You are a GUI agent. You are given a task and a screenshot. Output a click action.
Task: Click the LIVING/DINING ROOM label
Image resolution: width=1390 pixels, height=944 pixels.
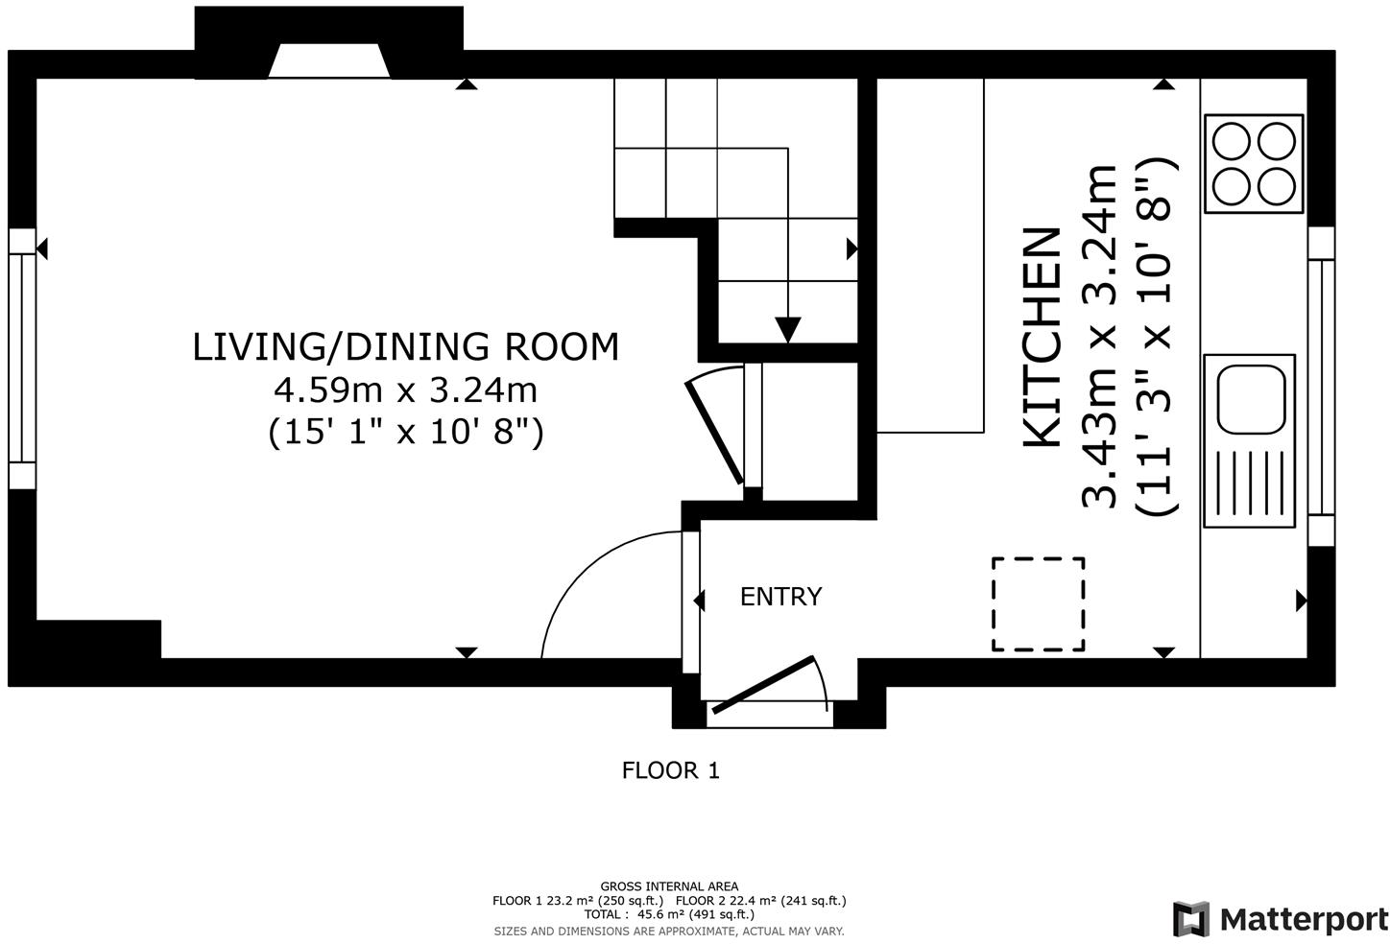tap(406, 346)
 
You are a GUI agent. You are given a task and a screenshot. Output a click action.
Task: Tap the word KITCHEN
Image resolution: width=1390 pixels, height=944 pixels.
tap(1042, 338)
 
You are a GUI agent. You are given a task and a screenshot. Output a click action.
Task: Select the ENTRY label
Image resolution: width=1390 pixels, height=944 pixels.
tap(780, 597)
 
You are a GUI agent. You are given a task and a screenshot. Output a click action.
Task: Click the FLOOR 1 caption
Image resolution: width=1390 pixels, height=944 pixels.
tap(671, 770)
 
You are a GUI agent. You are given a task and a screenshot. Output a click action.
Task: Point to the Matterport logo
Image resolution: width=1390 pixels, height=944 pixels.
tap(1281, 919)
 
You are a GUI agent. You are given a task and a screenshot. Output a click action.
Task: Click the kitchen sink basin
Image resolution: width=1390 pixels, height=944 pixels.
tap(1251, 399)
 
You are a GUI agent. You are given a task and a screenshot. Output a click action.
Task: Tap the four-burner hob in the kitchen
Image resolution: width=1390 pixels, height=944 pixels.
tap(1254, 164)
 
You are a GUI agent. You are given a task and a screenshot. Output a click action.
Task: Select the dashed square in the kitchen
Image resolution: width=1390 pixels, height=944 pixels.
tap(1038, 604)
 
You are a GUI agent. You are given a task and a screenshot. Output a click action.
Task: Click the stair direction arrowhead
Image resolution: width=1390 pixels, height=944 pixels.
tap(788, 329)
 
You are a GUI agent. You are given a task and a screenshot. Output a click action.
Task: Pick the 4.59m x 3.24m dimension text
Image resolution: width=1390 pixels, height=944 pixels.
tap(406, 390)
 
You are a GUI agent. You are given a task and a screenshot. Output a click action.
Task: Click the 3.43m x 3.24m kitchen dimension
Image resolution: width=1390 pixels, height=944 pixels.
tap(1099, 337)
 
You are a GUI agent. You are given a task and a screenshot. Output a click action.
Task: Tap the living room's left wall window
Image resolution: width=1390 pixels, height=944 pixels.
tap(22, 359)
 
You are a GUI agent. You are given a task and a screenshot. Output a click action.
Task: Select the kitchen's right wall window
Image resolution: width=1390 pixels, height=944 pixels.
tap(1321, 387)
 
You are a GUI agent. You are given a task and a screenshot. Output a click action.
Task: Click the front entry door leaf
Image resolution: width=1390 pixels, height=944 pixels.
tap(762, 685)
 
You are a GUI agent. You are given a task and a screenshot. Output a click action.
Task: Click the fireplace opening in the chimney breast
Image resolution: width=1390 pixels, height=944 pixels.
tap(329, 60)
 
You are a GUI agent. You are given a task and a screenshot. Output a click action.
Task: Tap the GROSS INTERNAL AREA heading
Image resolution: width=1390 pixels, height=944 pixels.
tap(669, 887)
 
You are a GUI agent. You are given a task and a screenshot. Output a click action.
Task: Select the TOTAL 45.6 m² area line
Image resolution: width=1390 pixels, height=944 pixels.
tap(669, 914)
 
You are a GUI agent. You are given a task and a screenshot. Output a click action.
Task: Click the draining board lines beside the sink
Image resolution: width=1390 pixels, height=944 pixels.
tap(1249, 484)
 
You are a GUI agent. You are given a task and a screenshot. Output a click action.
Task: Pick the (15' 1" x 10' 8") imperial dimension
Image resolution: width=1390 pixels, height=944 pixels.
tap(406, 432)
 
